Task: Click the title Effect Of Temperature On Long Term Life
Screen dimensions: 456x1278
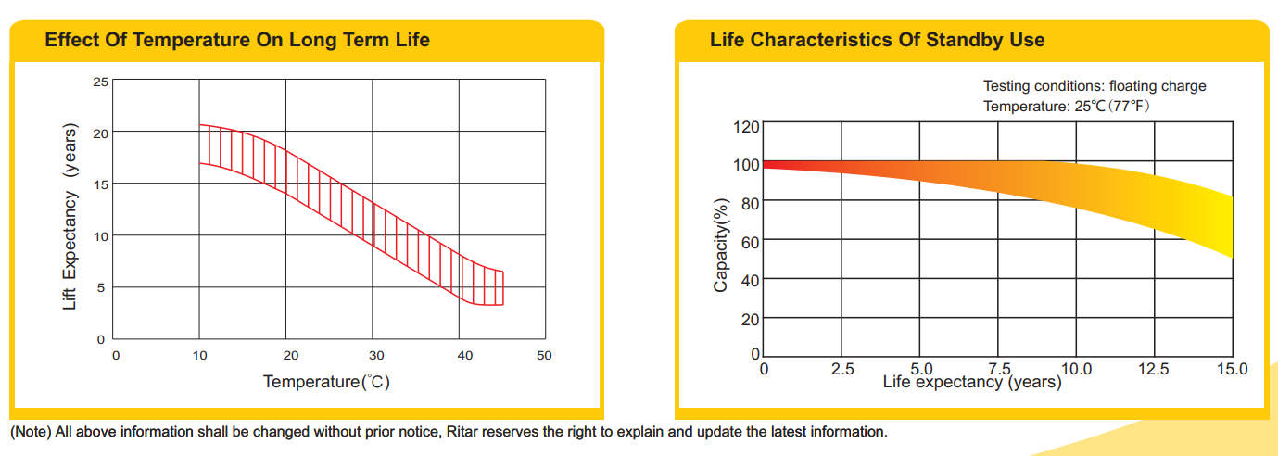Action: pos(237,40)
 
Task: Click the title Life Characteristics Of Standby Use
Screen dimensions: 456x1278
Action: pos(877,40)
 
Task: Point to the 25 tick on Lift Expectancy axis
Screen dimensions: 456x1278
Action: pos(101,82)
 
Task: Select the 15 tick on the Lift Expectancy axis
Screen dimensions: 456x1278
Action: pos(101,184)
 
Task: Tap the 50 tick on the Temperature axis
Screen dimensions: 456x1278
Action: pos(544,355)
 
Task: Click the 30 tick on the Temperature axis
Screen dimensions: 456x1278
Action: pos(377,355)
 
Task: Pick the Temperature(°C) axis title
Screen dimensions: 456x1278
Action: pos(326,382)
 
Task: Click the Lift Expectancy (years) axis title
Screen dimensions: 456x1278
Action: pos(70,217)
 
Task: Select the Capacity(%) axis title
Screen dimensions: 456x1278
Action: pos(721,245)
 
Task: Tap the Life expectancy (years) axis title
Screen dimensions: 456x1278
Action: pos(971,382)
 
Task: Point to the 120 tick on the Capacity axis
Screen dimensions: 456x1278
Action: pos(747,126)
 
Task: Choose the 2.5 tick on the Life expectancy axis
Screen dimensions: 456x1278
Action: pos(841,369)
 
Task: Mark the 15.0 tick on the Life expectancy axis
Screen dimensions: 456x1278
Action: pos(1232,369)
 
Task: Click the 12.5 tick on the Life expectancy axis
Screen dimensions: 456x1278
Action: pos(1154,369)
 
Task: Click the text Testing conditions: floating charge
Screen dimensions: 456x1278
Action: pos(1095,86)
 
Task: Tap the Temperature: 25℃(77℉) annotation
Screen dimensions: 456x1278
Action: pos(1066,107)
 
